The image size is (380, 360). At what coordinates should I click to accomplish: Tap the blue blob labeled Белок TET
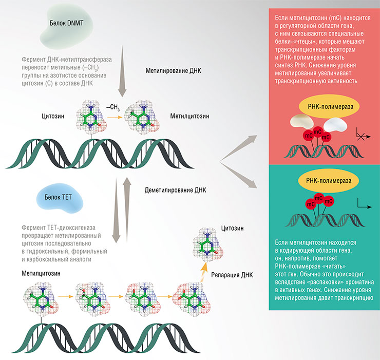click(x=59, y=197)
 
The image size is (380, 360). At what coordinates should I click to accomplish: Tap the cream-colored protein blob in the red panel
click(x=300, y=121)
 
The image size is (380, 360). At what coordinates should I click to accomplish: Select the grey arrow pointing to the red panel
click(x=241, y=146)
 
